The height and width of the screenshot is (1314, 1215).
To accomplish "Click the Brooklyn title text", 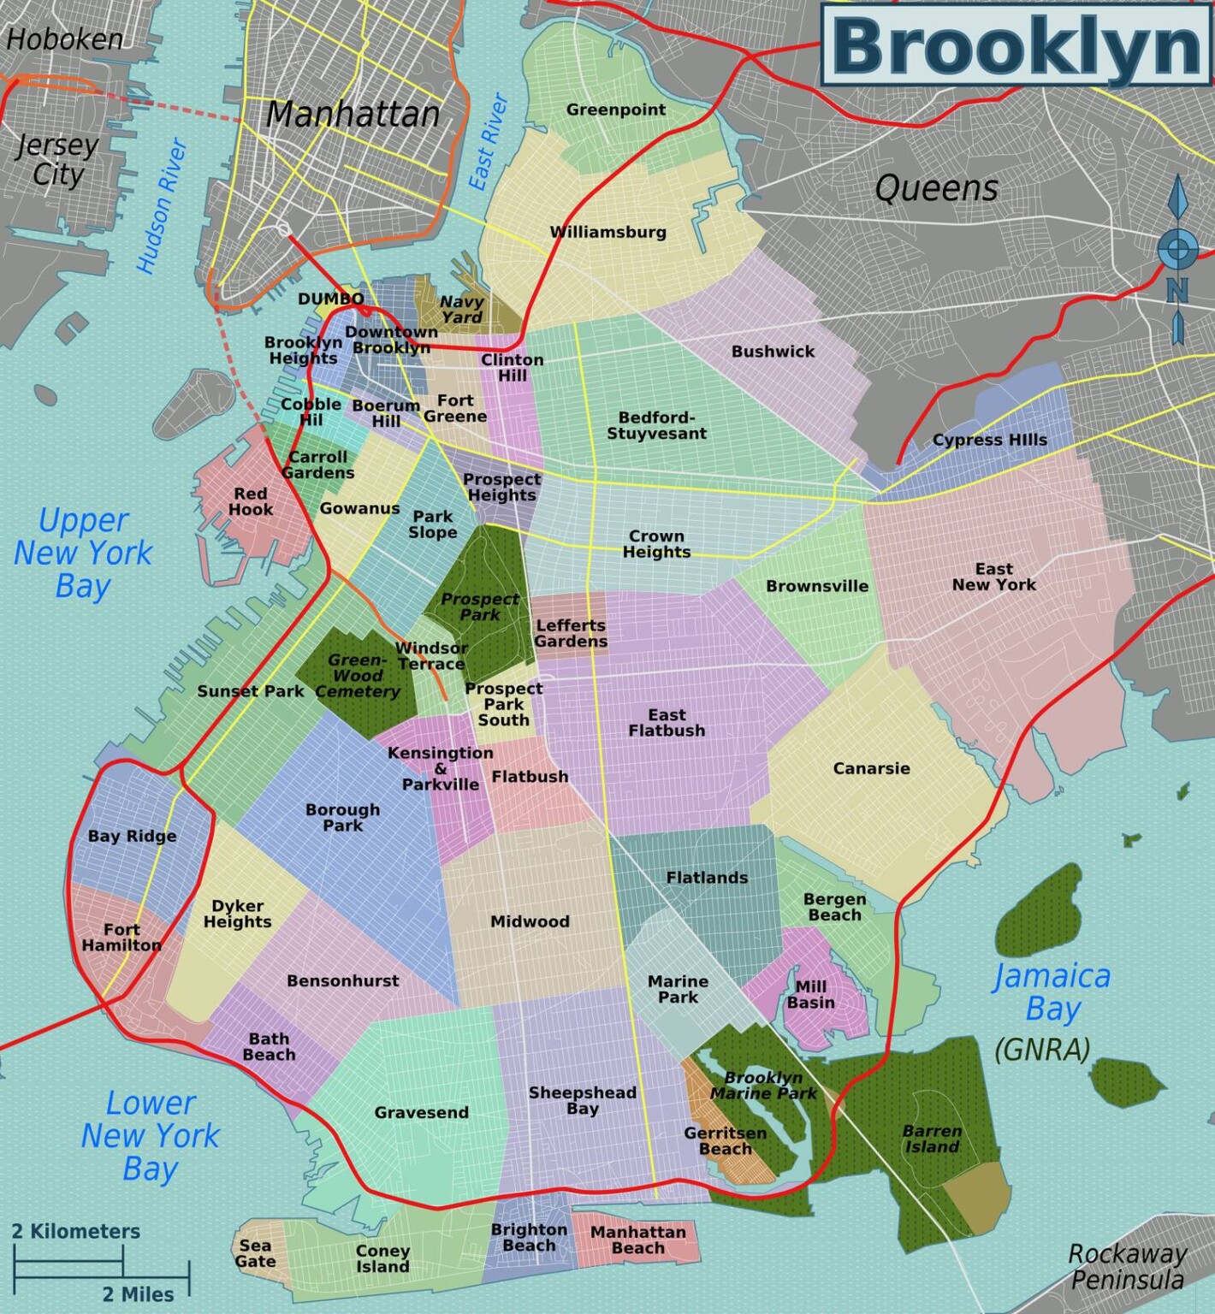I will pos(1016,46).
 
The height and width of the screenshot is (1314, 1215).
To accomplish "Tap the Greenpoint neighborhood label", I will pos(615,109).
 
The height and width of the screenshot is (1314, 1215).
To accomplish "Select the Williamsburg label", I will pos(607,232).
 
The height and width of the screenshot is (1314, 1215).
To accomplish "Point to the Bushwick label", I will pos(773,351).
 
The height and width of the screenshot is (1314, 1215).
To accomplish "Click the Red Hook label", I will pos(251,501).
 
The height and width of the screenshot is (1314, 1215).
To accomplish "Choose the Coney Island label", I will pos(382,1258).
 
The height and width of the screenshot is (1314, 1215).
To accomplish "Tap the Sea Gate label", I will pos(255,1253).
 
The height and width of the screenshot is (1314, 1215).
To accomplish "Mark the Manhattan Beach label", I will pos(637,1240).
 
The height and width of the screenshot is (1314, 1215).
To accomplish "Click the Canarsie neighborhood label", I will pos(871,768).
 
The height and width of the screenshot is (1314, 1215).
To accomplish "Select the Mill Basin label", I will pos(810,994).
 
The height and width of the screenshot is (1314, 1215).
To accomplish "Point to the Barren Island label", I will pos(932,1139).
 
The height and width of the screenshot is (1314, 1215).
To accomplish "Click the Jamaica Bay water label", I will pos(1052,992).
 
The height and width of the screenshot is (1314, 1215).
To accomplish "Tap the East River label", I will pos(488,142).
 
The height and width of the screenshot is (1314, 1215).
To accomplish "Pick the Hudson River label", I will pos(161,206).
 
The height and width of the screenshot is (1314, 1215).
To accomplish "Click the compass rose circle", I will pos(1177,248).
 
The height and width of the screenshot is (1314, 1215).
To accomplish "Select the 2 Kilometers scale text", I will pos(75,1231).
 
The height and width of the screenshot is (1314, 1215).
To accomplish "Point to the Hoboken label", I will pos(64,39).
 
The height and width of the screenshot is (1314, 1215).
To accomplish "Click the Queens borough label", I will pos(936,188).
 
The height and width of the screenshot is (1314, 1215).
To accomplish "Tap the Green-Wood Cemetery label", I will pos(358,675).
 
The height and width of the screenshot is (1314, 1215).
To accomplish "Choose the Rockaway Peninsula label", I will pos(1128,1267).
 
